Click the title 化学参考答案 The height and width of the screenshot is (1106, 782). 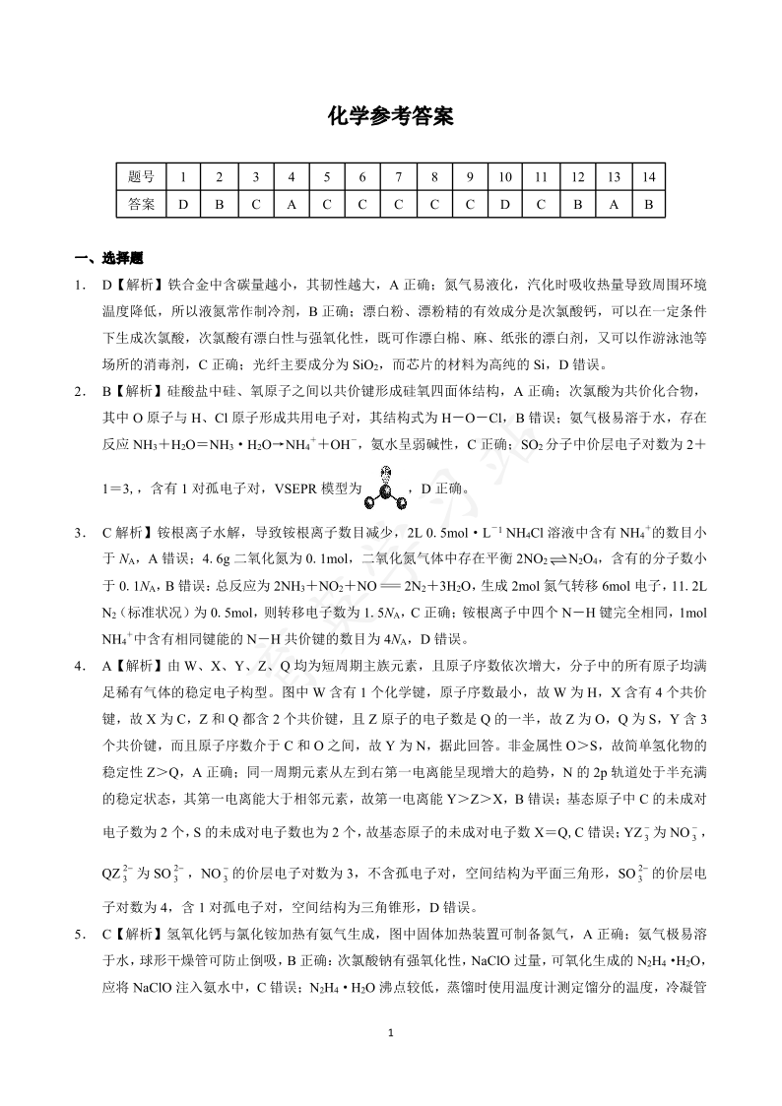point(390,117)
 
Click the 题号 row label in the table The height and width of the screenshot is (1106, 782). point(141,177)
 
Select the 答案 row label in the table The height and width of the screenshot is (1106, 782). point(141,205)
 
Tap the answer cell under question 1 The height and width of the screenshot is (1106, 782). point(183,205)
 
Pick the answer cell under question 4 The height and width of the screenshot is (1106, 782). point(291,205)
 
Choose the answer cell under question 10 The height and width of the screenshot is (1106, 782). point(505,205)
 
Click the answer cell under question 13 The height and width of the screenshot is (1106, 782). point(613,205)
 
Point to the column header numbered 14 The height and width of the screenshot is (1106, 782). point(648,177)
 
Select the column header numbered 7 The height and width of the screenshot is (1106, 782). point(398,177)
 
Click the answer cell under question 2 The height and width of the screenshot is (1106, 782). point(219,205)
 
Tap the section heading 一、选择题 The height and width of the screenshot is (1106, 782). point(109,259)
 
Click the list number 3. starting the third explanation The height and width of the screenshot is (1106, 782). point(82,533)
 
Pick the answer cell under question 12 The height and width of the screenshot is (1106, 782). point(577,205)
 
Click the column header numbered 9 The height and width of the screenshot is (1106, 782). point(470,177)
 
